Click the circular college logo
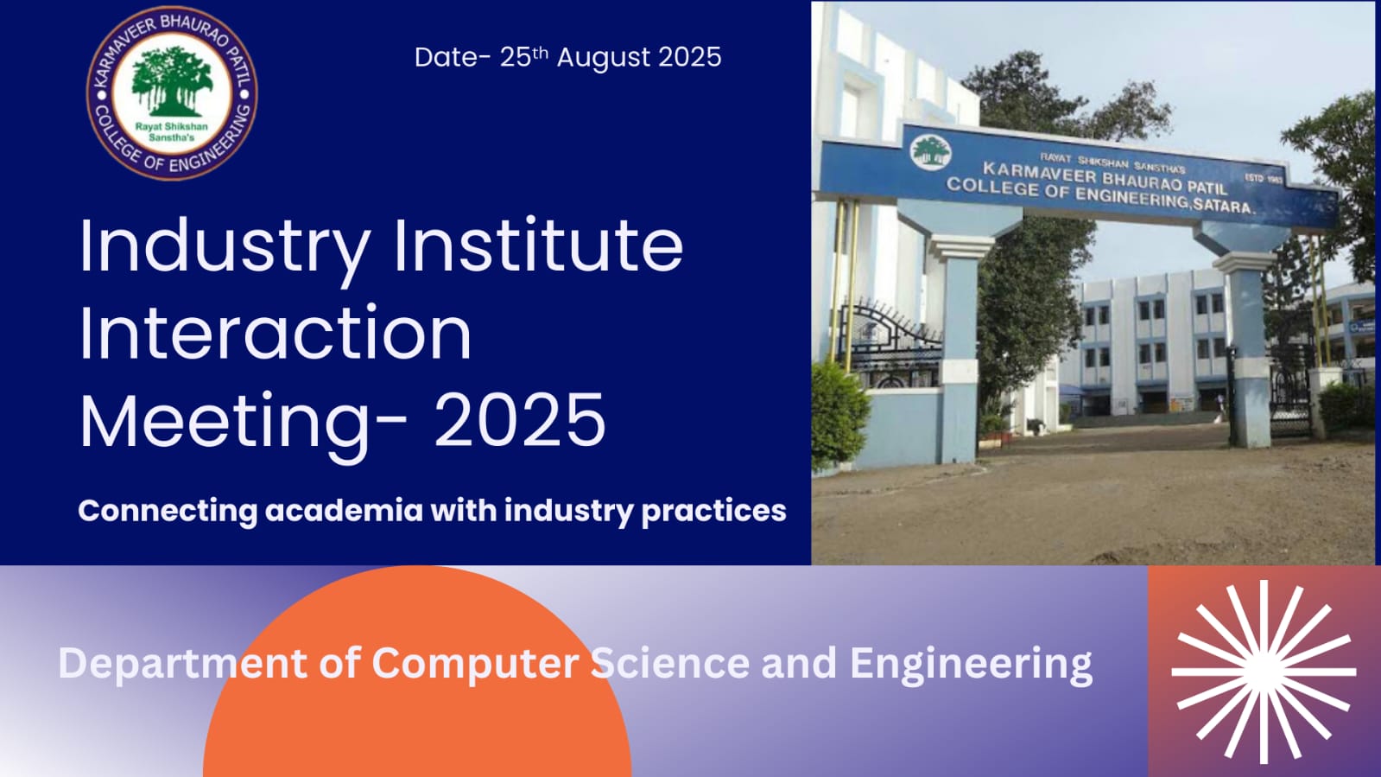[172, 93]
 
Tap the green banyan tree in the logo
[172, 81]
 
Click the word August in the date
[604, 57]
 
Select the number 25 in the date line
[516, 57]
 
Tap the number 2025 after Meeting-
[520, 420]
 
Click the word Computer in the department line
[475, 664]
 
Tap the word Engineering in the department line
[971, 665]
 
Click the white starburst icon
[1264, 672]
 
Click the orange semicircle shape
[417, 672]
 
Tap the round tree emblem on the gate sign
[930, 152]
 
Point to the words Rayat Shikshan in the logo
[171, 126]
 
